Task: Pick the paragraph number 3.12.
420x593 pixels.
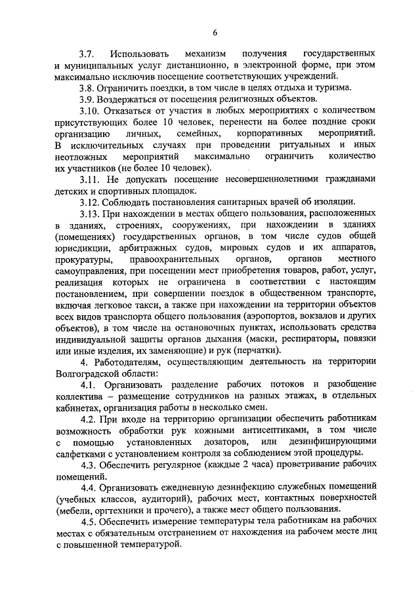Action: point(91,202)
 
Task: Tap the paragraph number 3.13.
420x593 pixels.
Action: point(91,214)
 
